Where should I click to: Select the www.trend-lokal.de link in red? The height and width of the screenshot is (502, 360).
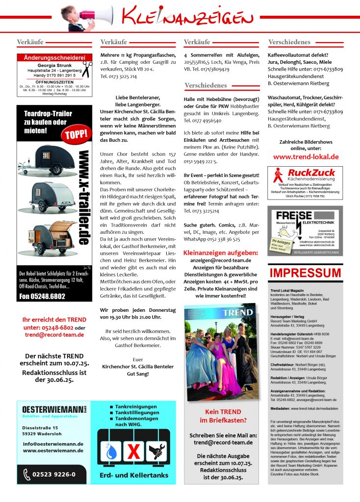coord(306,157)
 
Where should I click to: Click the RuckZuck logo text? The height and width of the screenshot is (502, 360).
coord(311,173)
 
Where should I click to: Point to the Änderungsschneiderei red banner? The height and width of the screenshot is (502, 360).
coord(54,58)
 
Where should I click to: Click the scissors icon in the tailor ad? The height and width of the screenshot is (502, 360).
coord(87,69)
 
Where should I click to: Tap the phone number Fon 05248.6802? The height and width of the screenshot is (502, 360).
coord(43,297)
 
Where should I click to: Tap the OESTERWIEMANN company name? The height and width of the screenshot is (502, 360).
coord(52,408)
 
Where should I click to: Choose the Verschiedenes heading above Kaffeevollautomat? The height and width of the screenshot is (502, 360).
coord(289,42)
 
